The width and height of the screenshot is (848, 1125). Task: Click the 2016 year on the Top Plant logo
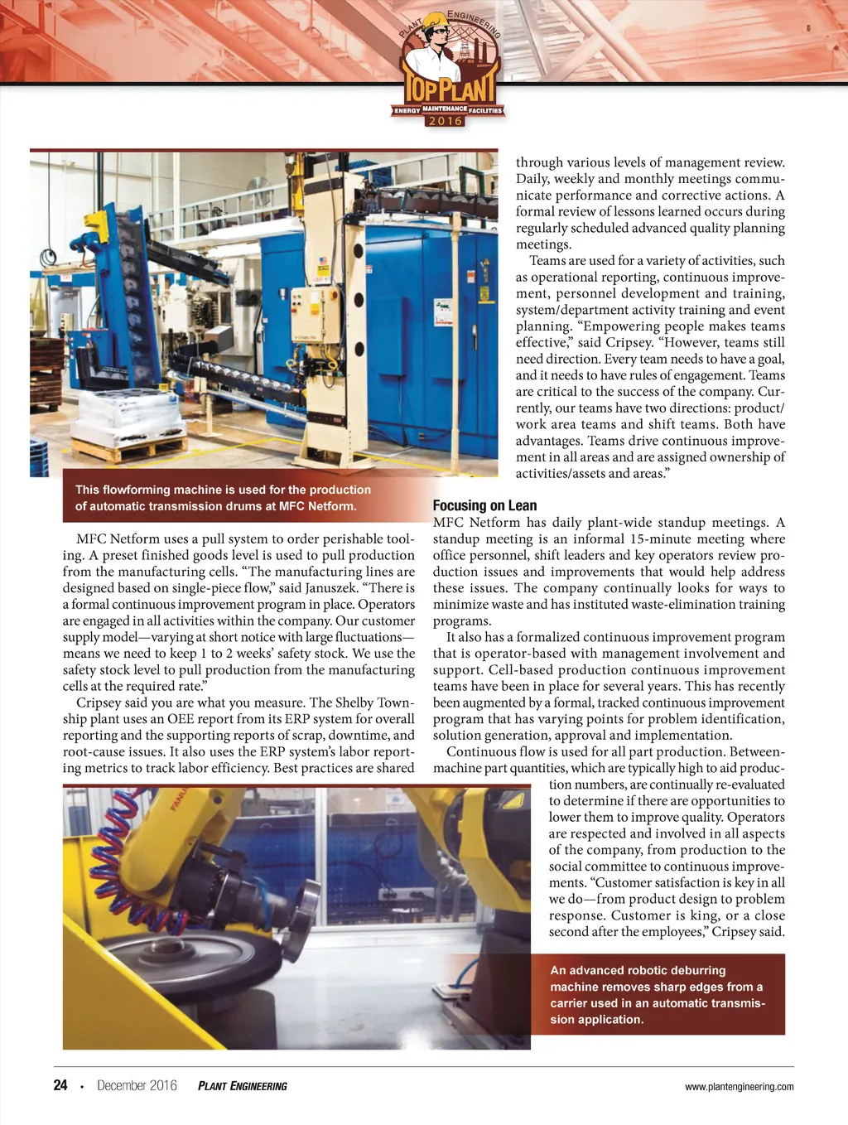[x=445, y=121]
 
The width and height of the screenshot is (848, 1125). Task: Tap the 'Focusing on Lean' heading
[x=484, y=505]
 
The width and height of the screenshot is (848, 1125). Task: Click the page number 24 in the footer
[x=60, y=1085]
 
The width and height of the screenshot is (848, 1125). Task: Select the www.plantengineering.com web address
[x=739, y=1087]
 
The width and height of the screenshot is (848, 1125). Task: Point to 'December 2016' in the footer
[x=137, y=1085]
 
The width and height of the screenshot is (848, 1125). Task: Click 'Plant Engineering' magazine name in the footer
[x=243, y=1086]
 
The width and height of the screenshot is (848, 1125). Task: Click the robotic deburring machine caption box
[x=658, y=995]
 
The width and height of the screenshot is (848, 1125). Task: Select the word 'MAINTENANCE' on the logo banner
[x=445, y=109]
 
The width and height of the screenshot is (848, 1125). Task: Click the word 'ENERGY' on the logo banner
[x=407, y=110]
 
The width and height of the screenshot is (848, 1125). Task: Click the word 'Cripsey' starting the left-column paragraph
[x=99, y=703]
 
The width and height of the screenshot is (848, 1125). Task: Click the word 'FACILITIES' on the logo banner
[x=485, y=110]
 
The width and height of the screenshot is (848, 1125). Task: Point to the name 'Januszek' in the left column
[x=328, y=587]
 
